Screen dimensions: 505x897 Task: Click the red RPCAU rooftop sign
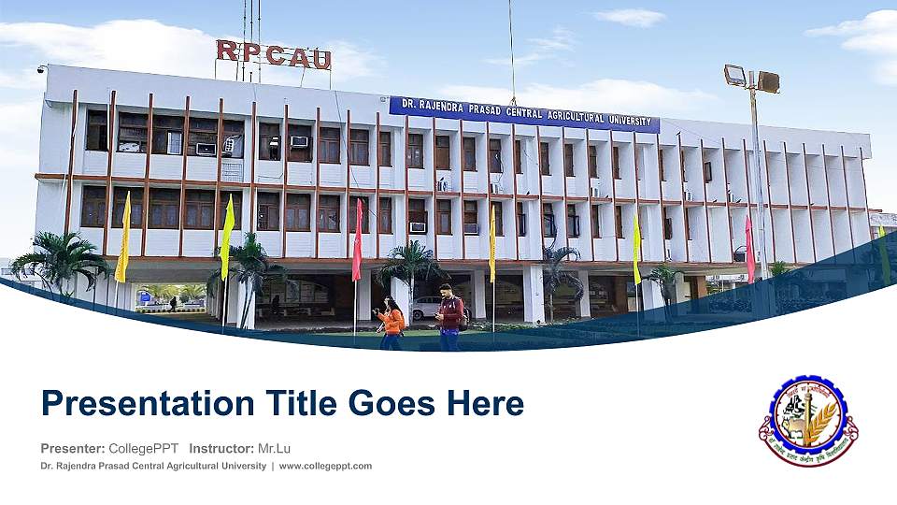(273, 54)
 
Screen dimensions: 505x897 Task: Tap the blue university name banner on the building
(524, 113)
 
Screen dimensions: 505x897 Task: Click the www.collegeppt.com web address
(325, 466)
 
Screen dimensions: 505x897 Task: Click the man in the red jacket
(450, 316)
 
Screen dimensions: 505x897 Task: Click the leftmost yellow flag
(122, 238)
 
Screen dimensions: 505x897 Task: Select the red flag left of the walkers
(356, 240)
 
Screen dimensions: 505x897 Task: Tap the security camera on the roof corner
(41, 70)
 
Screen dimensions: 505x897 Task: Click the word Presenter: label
(73, 448)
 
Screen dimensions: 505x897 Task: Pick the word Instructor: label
(221, 448)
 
